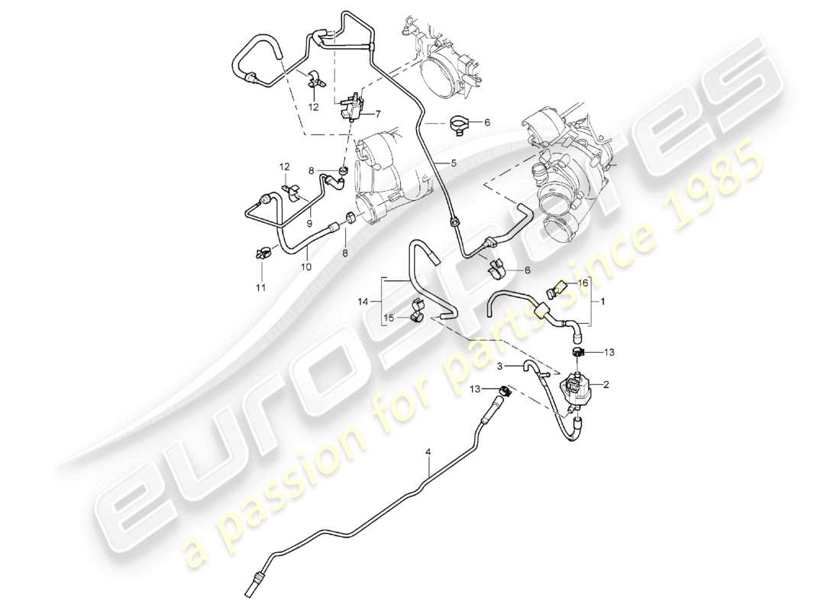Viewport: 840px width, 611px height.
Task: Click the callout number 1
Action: point(603,301)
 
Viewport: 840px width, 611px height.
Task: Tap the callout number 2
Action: point(606,386)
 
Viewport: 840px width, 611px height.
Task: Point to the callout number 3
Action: point(499,367)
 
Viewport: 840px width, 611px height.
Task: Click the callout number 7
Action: point(376,114)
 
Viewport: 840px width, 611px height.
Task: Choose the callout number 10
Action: point(305,267)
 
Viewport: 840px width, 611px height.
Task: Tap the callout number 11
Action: point(260,287)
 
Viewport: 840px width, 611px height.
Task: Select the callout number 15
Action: point(386,318)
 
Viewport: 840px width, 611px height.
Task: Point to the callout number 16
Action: point(583,283)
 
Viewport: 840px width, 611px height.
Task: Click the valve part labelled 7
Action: point(351,107)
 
